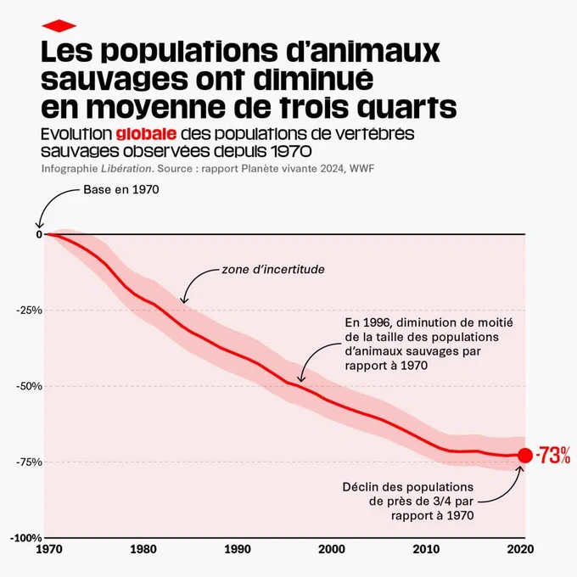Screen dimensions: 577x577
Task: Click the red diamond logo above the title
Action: coord(59,25)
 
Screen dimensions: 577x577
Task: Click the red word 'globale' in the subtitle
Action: coord(146,134)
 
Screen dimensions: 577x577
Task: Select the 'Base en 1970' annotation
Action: coord(121,189)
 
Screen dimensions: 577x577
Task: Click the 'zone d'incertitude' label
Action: coord(273,269)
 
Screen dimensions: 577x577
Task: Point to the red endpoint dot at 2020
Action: coord(525,456)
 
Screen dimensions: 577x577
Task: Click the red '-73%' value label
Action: coord(553,456)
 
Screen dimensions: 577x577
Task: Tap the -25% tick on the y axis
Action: coord(30,311)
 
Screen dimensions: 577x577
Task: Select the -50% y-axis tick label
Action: coord(30,386)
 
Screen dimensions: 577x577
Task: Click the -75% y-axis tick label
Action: coord(30,462)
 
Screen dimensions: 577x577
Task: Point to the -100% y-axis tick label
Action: coord(26,538)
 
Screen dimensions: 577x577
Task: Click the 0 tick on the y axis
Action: coord(39,234)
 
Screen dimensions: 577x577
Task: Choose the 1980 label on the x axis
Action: coord(143,549)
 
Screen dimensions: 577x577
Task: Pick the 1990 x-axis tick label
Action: coord(238,549)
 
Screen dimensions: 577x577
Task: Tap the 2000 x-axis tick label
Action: coord(332,549)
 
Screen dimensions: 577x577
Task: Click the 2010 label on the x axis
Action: coord(426,549)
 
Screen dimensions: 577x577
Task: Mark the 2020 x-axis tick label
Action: coord(520,549)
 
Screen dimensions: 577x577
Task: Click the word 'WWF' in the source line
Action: coord(361,169)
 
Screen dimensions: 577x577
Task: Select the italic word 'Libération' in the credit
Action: coord(126,169)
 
